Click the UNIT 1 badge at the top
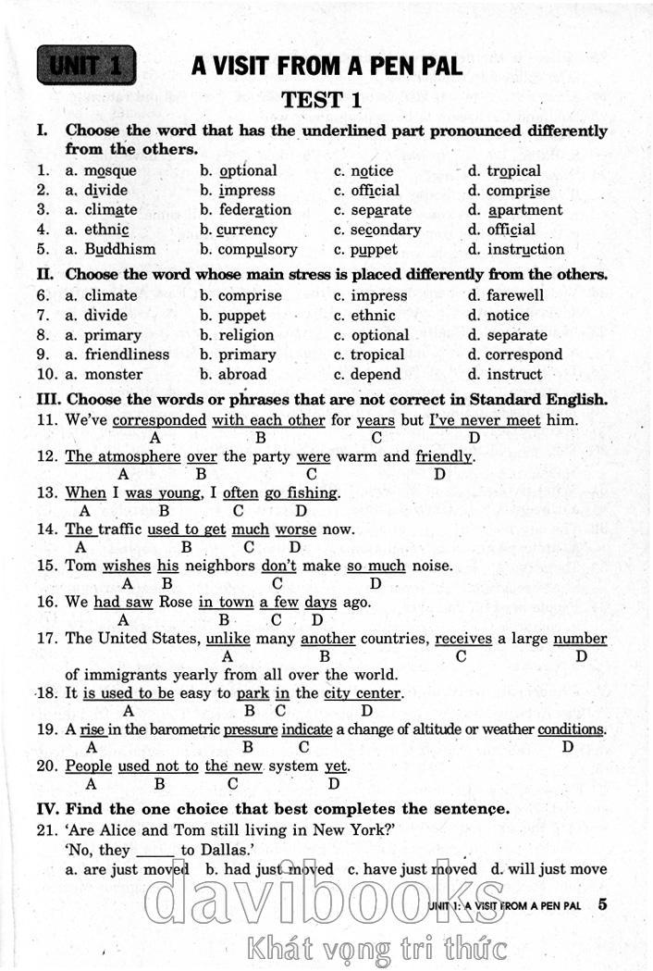(86, 66)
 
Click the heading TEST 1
(321, 99)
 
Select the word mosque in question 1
(110, 171)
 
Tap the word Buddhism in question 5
(120, 249)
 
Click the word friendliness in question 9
(127, 355)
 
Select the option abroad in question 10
(242, 375)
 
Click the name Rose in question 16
(173, 602)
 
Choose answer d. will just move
(548, 869)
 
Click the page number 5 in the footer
(603, 904)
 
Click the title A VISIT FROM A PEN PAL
(326, 66)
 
